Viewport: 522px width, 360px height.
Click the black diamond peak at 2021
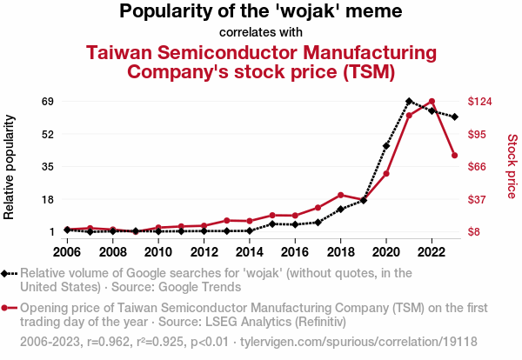tap(409, 102)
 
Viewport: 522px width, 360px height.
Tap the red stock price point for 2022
tap(432, 102)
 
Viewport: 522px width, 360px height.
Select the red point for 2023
tap(455, 156)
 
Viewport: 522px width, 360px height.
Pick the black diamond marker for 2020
tap(386, 146)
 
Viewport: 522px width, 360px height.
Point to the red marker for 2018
tap(341, 195)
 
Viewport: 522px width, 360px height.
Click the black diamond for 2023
tap(455, 117)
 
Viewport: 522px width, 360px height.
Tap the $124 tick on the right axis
tap(480, 102)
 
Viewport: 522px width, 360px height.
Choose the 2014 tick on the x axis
tap(250, 252)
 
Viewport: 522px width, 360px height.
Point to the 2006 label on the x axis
tap(67, 252)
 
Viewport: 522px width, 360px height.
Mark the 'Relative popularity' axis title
tap(10, 166)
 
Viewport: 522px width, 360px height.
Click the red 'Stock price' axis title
tap(512, 165)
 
